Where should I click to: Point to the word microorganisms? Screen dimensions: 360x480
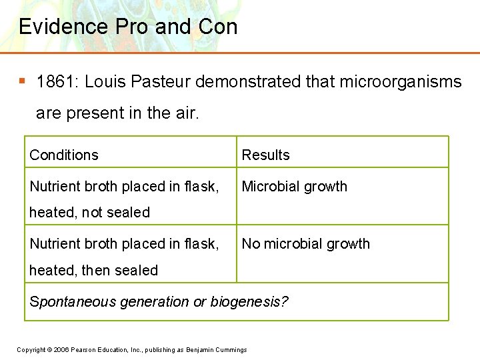pos(401,82)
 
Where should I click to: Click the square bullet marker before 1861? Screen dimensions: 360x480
pos(22,81)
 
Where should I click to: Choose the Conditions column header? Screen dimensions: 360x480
pos(64,155)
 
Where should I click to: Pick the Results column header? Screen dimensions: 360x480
pos(265,155)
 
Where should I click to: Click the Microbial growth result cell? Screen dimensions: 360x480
pos(294,187)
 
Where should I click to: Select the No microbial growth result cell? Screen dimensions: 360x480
pos(305,244)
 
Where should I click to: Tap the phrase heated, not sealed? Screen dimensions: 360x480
pos(89,213)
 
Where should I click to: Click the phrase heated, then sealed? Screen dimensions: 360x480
pos(93,271)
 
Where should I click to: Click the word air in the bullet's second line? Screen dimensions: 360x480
pos(186,113)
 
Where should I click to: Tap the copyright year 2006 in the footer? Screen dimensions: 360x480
pos(61,350)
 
